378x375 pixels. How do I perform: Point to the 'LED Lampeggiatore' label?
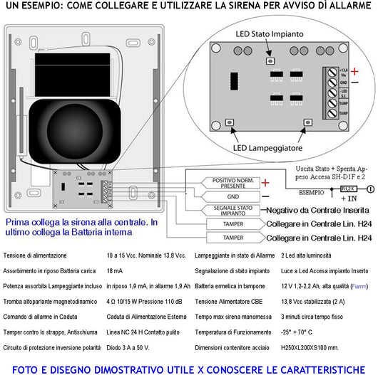click(x=272, y=147)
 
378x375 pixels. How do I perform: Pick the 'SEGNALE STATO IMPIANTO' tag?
click(x=229, y=210)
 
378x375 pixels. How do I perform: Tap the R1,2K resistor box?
click(x=348, y=189)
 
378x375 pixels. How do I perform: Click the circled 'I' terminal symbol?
click(x=370, y=189)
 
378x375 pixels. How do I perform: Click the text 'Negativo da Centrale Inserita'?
click(x=317, y=211)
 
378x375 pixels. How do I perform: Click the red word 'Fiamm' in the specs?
click(x=359, y=286)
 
